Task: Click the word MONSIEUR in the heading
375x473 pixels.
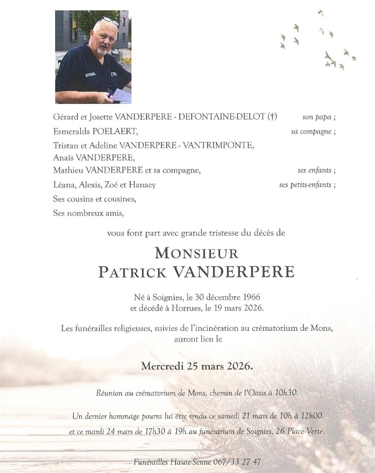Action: [x=197, y=253]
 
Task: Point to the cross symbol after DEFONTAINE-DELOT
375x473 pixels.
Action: [x=272, y=117]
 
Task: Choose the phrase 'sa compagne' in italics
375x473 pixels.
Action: [x=311, y=132]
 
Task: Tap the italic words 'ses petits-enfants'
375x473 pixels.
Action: [x=305, y=185]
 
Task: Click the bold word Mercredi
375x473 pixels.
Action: [x=163, y=366]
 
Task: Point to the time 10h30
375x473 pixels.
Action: [x=286, y=393]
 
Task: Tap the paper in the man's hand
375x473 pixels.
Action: [x=122, y=94]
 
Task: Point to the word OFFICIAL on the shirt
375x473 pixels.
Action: [x=91, y=74]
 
